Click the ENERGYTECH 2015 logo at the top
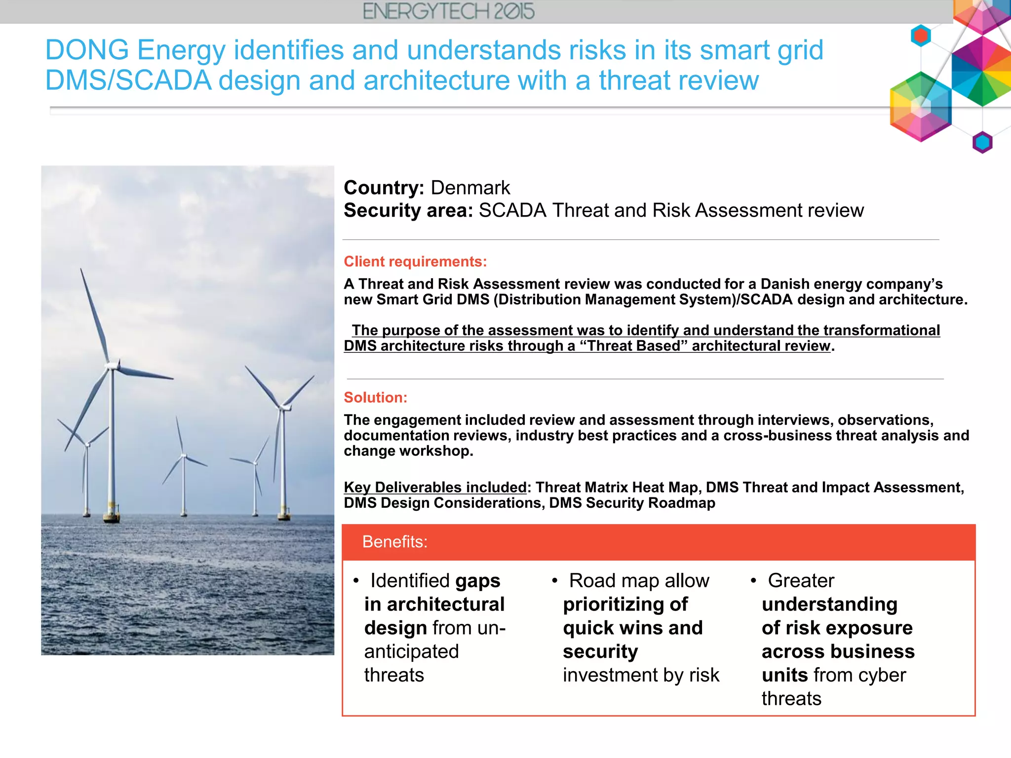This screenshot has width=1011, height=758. pos(448,11)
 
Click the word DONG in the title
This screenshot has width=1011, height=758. pos(87,50)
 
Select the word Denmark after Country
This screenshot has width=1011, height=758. pos(470,188)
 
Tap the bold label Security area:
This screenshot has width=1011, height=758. pos(408,211)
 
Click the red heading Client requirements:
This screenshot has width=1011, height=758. pos(415,262)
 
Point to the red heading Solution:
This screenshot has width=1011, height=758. pos(375,398)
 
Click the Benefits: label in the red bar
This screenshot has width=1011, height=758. pos(394,542)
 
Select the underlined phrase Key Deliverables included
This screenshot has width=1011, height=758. pos(435,488)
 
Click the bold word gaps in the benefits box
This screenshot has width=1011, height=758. pos(477,581)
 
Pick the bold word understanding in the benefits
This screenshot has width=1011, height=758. pos(829,605)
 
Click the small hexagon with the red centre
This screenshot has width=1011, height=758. pos(921,36)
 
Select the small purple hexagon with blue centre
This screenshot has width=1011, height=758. pos(982,143)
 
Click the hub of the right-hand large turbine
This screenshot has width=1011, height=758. pos(283,407)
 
